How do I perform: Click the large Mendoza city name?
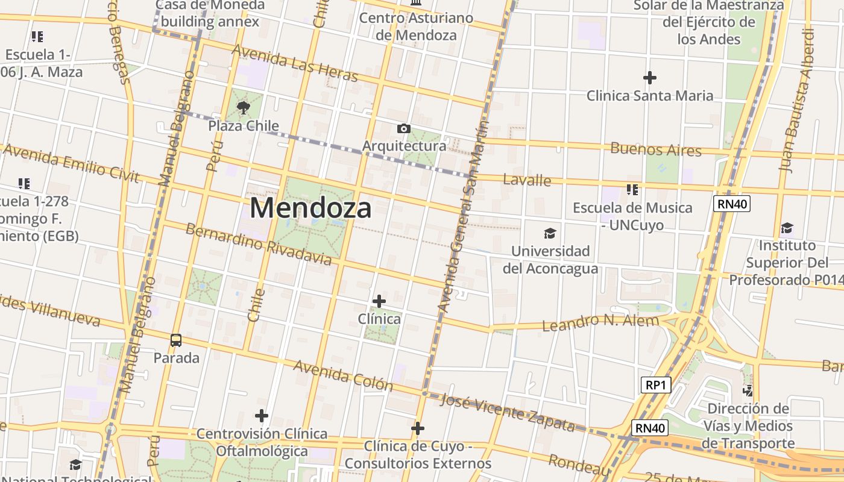[310, 208]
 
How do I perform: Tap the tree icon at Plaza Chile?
[244, 108]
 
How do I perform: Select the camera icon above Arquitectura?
[403, 128]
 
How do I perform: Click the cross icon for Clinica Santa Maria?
[649, 78]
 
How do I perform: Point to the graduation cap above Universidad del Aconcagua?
[549, 233]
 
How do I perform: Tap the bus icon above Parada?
[176, 340]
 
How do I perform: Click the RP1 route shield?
[655, 385]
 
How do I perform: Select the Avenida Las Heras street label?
[295, 63]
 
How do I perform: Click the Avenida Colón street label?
[343, 375]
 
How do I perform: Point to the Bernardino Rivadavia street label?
[258, 244]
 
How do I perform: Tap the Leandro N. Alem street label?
[600, 323]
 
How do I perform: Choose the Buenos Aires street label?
[656, 149]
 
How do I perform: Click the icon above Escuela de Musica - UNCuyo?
[632, 190]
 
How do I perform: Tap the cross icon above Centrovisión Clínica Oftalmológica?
[261, 416]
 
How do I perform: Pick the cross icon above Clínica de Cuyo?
[418, 428]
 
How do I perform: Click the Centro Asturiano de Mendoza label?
[416, 27]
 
